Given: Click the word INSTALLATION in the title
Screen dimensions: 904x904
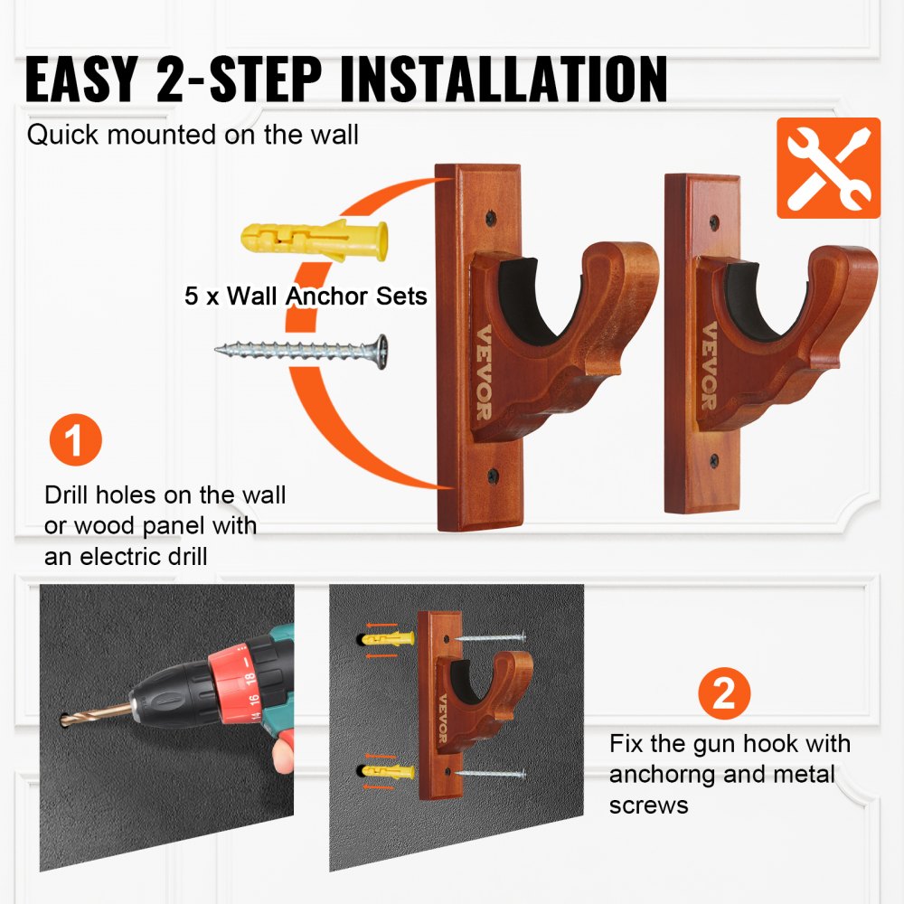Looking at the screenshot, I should (x=504, y=80).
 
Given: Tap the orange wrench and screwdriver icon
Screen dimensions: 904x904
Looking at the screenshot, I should (x=828, y=168).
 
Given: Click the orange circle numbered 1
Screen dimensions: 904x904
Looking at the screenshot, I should (x=76, y=442).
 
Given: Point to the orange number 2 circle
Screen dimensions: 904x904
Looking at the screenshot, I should (x=724, y=694).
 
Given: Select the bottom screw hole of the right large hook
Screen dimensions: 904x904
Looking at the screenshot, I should (x=714, y=460).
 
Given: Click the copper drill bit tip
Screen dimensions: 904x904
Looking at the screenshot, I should (x=72, y=720).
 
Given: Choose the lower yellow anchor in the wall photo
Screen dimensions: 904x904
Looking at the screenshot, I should (x=391, y=772).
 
